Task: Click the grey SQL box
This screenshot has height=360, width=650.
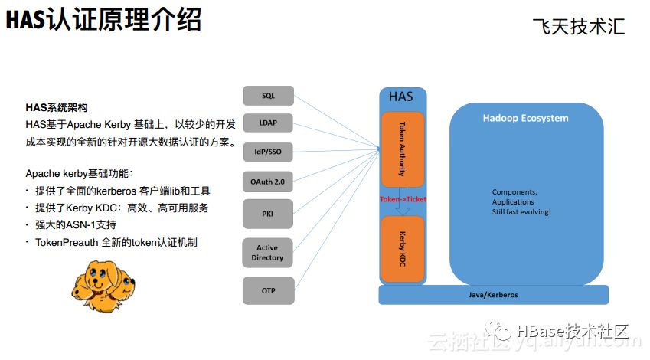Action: pos(268,96)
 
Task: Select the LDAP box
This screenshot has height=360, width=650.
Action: pos(268,123)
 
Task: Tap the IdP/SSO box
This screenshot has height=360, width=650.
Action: pos(268,152)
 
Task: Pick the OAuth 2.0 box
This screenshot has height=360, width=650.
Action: pos(268,182)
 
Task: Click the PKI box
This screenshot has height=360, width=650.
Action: pos(268,213)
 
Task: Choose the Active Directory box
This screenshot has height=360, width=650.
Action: pos(268,253)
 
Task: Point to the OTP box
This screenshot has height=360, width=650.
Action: pos(268,291)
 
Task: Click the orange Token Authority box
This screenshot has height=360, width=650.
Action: pos(402,148)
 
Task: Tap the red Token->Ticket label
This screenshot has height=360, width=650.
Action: pos(403,199)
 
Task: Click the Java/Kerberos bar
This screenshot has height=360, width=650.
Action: pos(493,295)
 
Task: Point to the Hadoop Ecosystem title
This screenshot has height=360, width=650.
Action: pos(525,119)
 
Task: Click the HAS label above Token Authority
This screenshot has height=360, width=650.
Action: pos(400,97)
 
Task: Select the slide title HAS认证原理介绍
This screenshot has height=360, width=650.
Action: pos(103,21)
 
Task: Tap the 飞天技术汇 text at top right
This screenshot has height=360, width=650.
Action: pos(579,27)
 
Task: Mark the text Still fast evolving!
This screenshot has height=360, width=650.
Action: pos(521,211)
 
